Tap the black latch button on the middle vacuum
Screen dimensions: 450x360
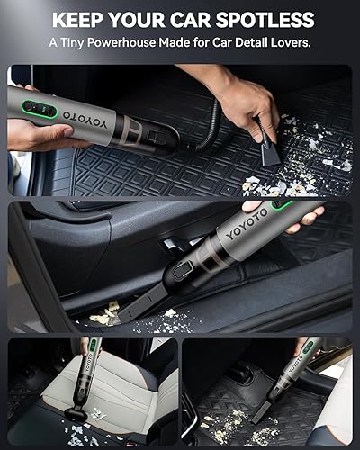(x=181, y=267)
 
